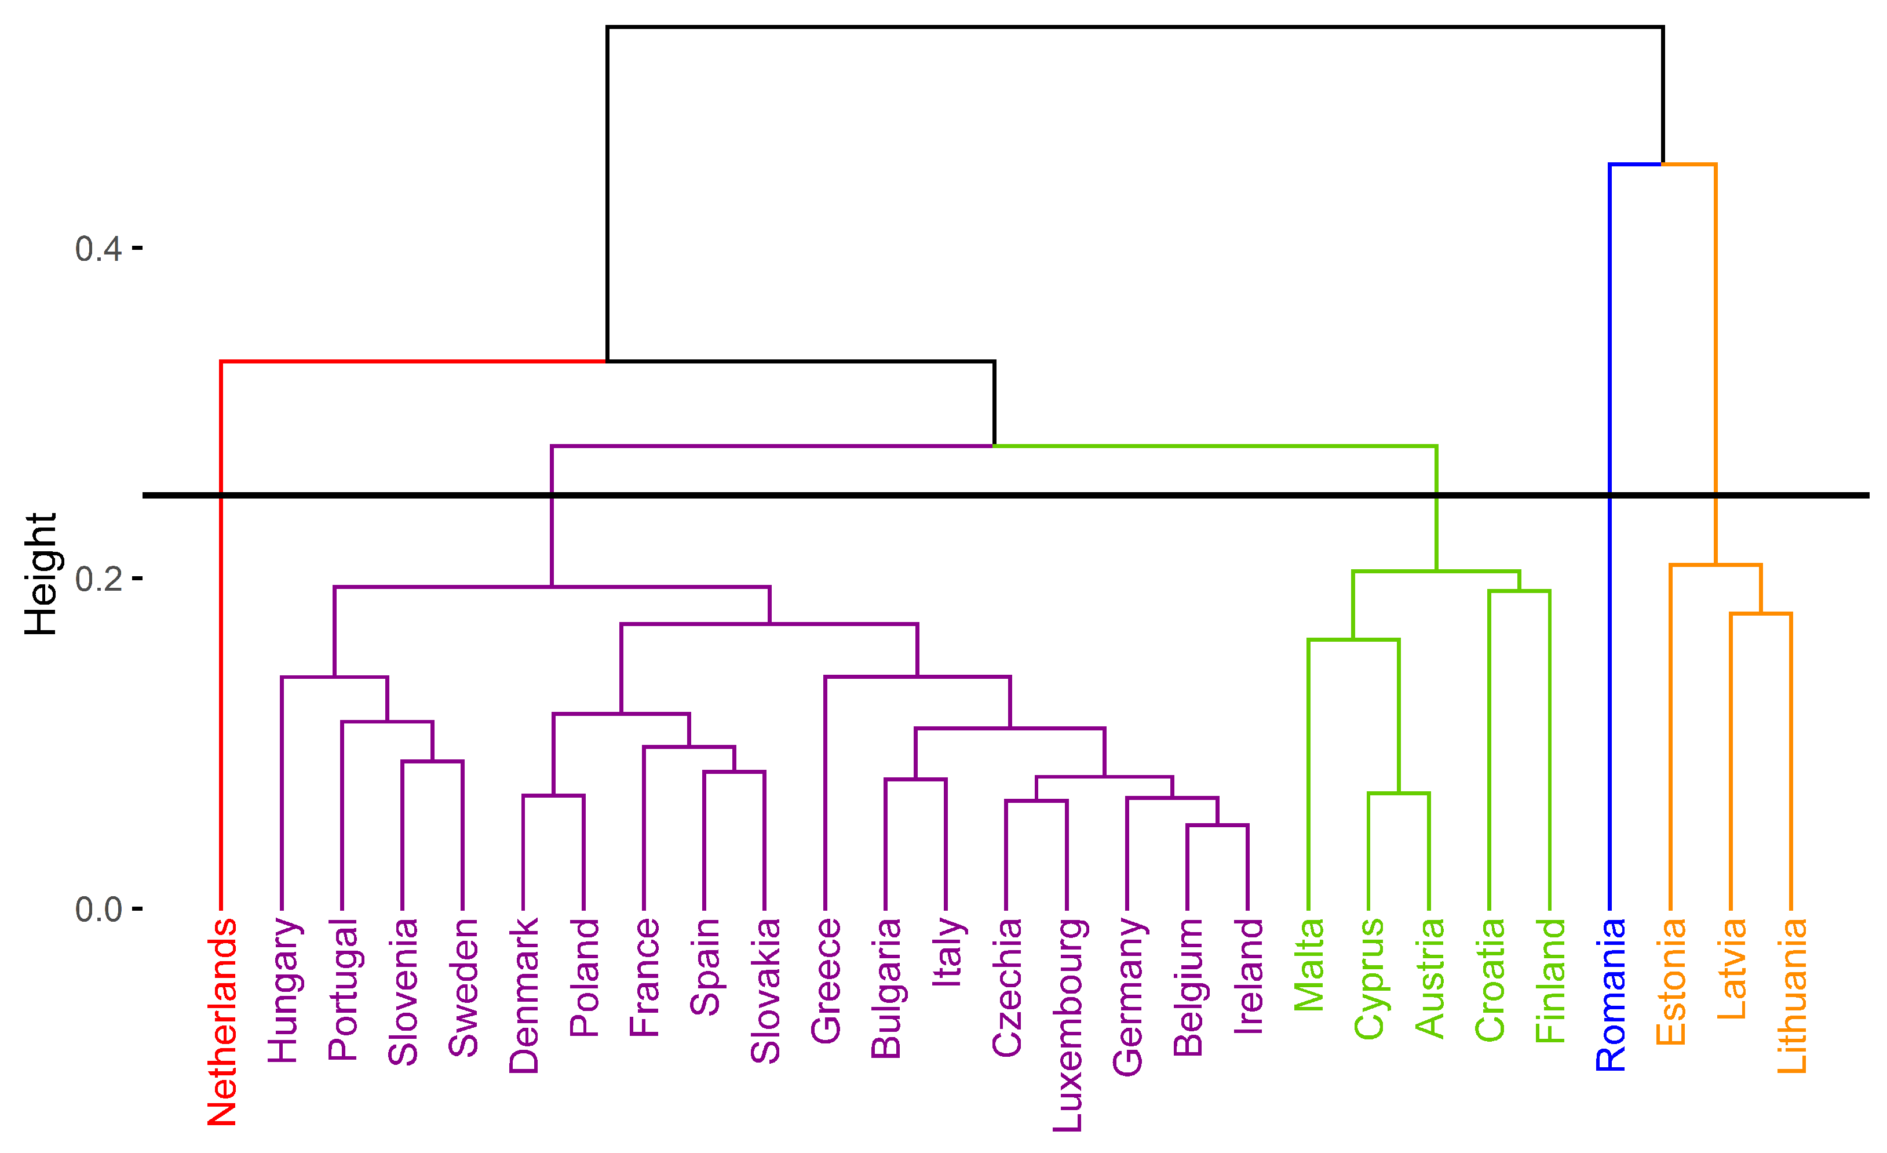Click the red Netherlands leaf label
[x=222, y=1022]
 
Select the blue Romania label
[x=1611, y=994]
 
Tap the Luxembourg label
[x=1068, y=1024]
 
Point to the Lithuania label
[x=1791, y=995]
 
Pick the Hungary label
[x=283, y=990]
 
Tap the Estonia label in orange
[x=1671, y=981]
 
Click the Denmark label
[x=524, y=995]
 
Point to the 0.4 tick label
[x=98, y=249]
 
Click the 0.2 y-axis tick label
[x=98, y=579]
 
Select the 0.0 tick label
[x=98, y=910]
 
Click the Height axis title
[x=41, y=574]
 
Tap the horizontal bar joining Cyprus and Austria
[x=1399, y=794]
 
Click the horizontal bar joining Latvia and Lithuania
[x=1761, y=614]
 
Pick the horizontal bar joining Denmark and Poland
[x=553, y=796]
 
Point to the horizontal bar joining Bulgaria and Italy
[x=915, y=779]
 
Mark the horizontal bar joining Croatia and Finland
[x=1520, y=591]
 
